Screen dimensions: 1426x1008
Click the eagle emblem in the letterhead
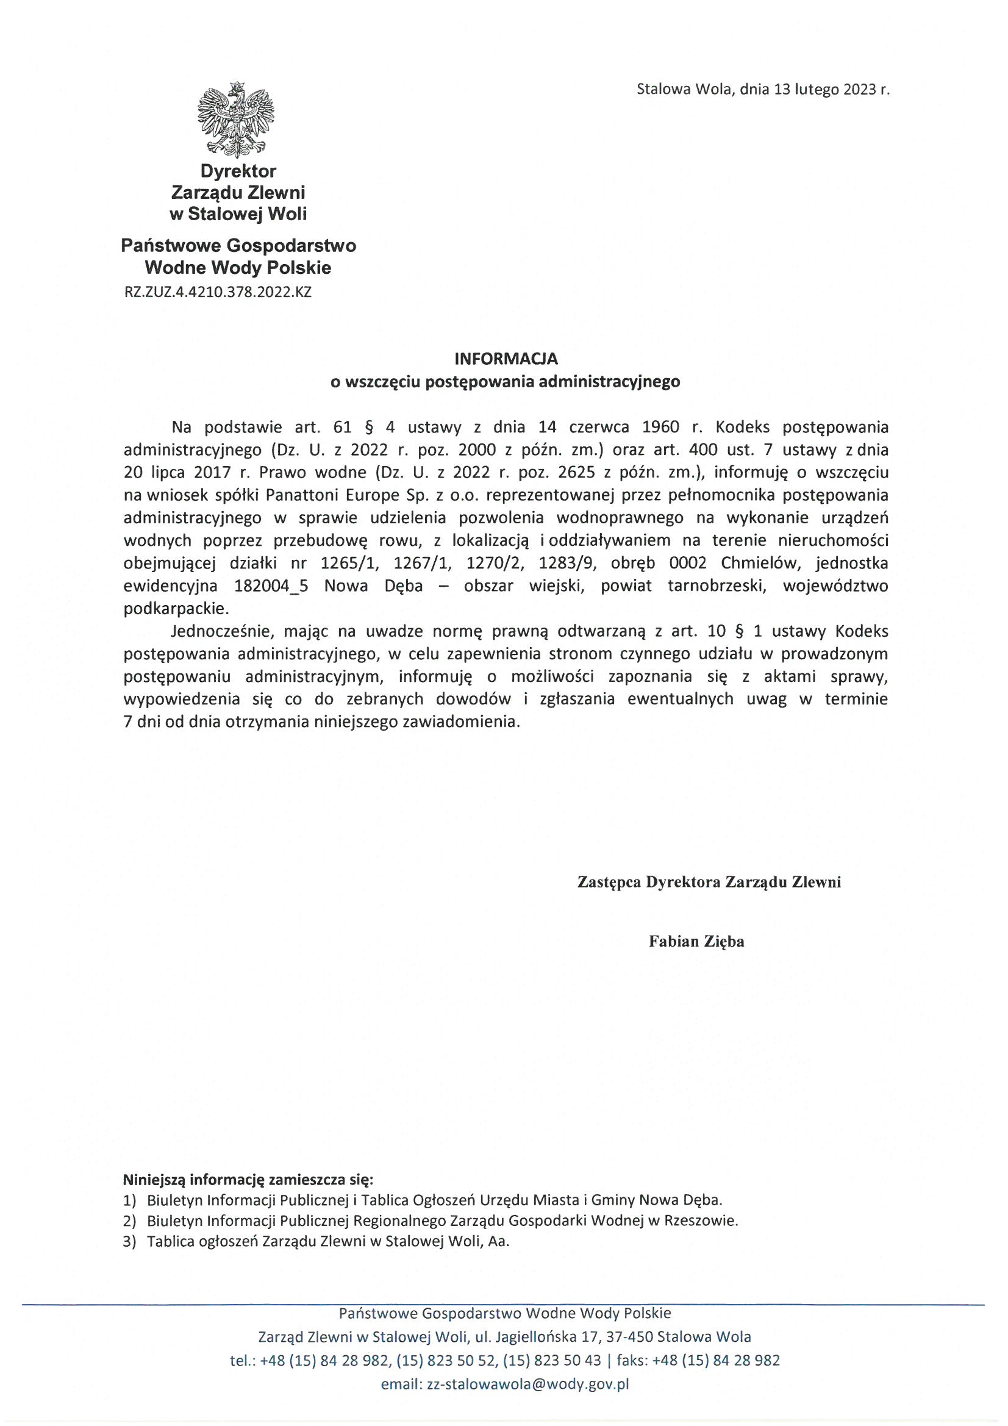coord(236,118)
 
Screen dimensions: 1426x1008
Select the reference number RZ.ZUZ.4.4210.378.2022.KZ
coord(218,292)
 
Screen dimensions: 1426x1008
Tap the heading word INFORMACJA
coord(506,359)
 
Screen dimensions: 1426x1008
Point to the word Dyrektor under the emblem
coord(238,170)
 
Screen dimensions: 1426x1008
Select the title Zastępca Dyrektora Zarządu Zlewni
coord(709,882)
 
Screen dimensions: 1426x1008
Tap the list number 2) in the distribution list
coord(129,1221)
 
